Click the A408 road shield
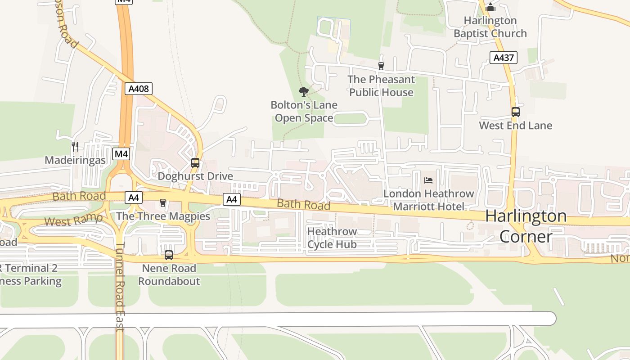139,89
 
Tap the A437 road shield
503,58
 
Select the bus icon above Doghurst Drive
195,163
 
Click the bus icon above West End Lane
516,112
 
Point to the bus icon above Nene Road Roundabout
169,255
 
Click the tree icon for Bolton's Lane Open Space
304,92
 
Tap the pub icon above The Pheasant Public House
381,66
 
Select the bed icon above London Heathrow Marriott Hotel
428,180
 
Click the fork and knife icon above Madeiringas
75,147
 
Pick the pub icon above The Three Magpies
163,203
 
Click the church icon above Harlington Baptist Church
490,8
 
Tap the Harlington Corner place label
526,226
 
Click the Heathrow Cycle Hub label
332,238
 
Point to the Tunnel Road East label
120,288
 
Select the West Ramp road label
73,220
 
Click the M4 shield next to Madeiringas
121,154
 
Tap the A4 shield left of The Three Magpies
134,198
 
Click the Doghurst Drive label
195,176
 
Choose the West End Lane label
515,126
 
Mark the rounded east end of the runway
551,319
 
